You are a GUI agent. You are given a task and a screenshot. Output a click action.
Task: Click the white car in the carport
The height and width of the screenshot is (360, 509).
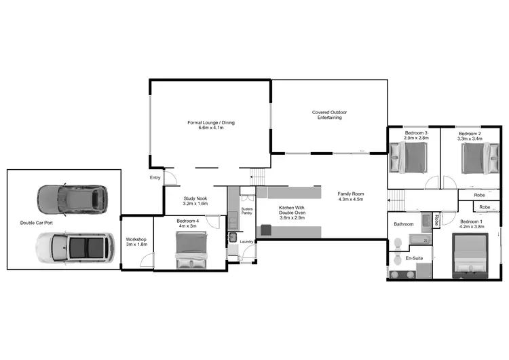[74, 247]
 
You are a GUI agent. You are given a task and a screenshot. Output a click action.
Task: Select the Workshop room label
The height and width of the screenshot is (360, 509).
[137, 242]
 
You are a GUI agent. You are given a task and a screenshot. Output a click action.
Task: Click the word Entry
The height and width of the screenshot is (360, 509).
[155, 178]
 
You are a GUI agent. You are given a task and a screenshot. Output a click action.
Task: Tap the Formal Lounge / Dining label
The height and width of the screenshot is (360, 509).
[211, 125]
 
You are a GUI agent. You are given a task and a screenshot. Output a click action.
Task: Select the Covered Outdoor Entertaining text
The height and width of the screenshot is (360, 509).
[329, 115]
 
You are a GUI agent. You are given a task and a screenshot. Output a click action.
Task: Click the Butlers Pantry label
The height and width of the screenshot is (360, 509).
[247, 211]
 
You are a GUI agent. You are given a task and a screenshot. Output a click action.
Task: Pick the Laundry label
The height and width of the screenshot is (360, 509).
[246, 242]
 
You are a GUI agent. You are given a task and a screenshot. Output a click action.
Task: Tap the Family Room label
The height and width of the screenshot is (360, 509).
[351, 196]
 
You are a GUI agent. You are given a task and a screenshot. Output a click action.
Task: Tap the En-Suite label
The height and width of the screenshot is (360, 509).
[414, 259]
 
